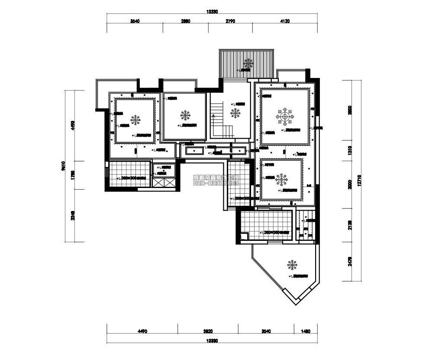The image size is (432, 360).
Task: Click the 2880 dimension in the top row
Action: pyautogui.click(x=185, y=21)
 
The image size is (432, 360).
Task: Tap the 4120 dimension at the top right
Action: pyautogui.click(x=284, y=21)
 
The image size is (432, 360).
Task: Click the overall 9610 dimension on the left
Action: pyautogui.click(x=63, y=166)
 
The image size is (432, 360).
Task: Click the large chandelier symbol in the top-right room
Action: pyautogui.click(x=285, y=117)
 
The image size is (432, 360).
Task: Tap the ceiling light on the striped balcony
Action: pyautogui.click(x=248, y=62)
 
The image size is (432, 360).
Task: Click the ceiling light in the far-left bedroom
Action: pyautogui.click(x=136, y=120)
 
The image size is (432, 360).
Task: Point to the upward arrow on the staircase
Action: pyautogui.click(x=213, y=116)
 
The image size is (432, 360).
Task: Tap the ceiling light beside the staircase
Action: pyautogui.click(x=235, y=114)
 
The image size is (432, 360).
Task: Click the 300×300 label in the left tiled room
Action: pyautogui.click(x=130, y=178)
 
